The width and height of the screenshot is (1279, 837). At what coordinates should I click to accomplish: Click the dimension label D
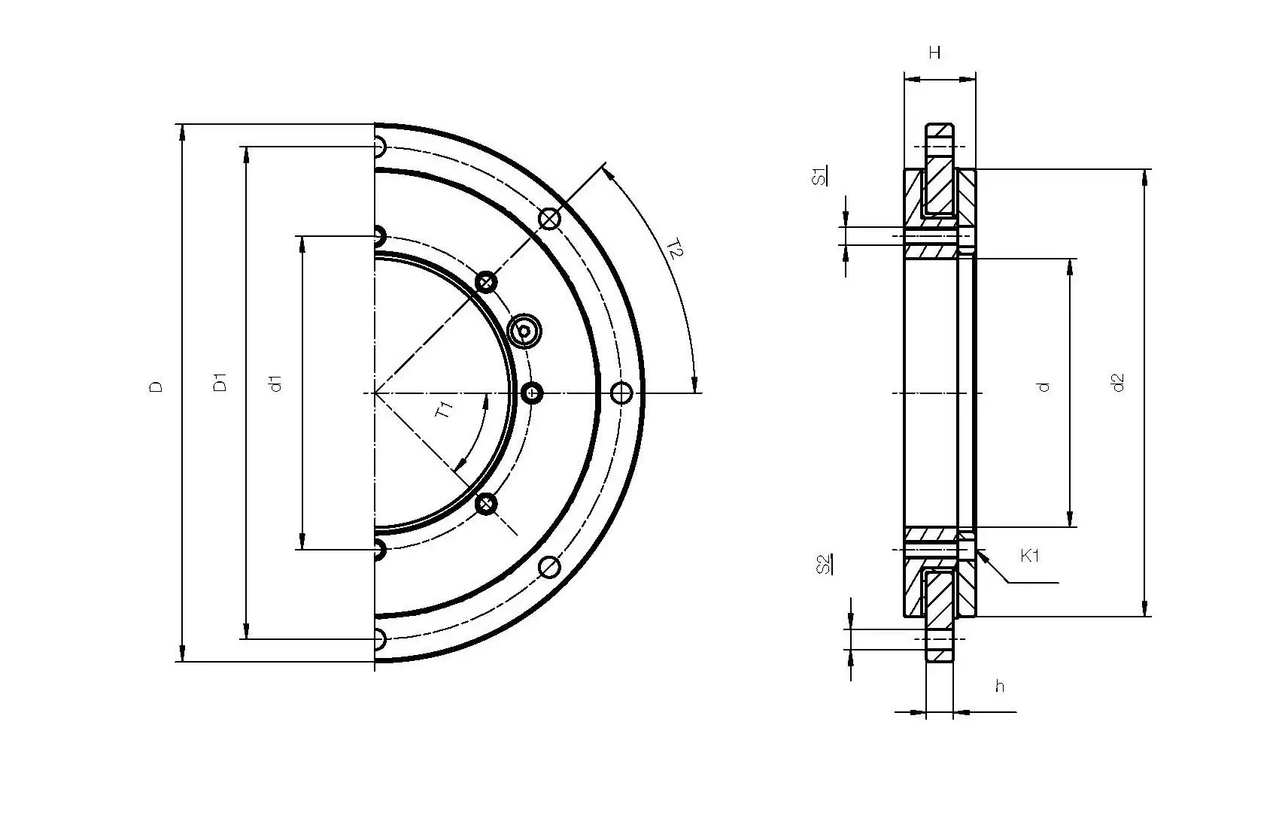(x=156, y=387)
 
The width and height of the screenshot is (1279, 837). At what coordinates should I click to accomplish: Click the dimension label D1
(x=220, y=382)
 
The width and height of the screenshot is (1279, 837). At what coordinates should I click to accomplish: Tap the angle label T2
(x=675, y=250)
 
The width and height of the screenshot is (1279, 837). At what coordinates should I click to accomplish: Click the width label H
(x=934, y=53)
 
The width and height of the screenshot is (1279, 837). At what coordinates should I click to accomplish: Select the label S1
(x=821, y=177)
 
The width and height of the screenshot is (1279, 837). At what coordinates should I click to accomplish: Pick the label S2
(x=825, y=564)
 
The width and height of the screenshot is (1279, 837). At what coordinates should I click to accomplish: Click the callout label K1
(x=1030, y=556)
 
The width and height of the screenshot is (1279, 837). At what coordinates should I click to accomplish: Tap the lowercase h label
(x=999, y=686)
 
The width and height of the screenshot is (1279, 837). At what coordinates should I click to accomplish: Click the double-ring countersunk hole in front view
(x=524, y=331)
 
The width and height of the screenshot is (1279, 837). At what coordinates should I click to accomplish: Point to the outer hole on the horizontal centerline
(x=621, y=393)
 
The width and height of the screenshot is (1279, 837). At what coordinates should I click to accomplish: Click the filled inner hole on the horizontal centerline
(x=533, y=393)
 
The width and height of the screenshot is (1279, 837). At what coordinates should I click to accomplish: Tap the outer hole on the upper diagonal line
(x=551, y=219)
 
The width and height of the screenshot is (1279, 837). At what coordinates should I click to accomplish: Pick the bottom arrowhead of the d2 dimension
(x=1145, y=610)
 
